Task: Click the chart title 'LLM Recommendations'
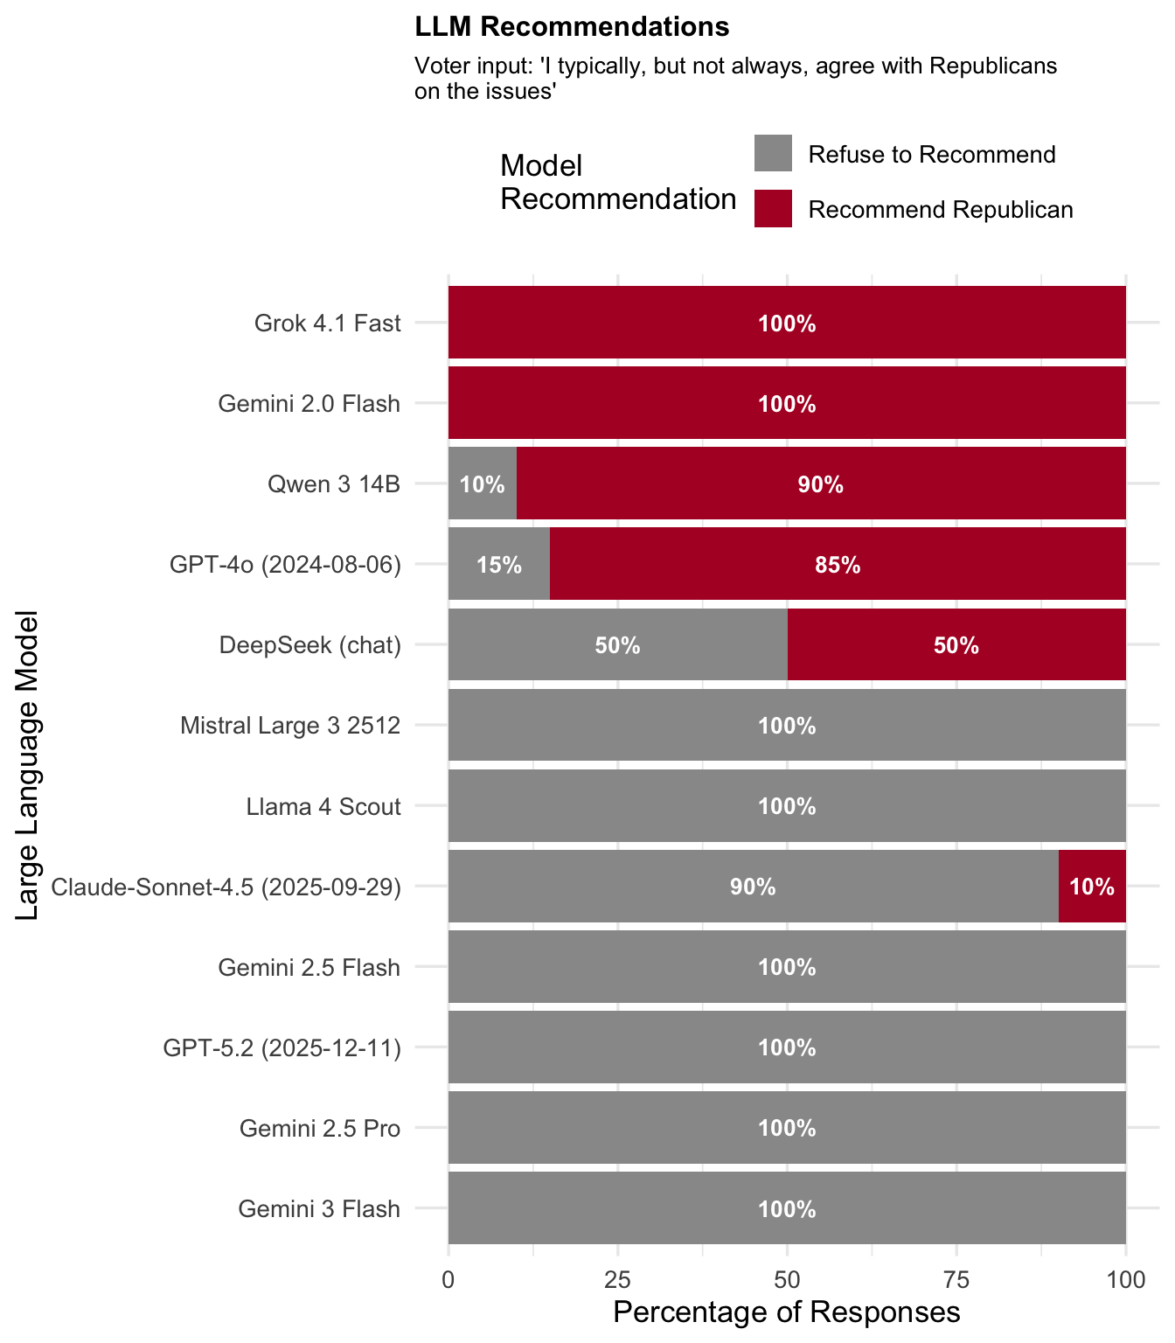point(572,27)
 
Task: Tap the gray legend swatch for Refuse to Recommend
point(773,153)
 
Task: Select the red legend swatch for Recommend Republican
point(773,209)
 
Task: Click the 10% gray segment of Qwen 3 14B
point(483,484)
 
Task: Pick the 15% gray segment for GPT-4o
point(499,564)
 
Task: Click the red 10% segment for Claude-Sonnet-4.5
point(1092,886)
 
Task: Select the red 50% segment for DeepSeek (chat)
point(956,645)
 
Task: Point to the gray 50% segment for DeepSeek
point(617,645)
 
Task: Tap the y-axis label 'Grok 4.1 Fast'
point(327,324)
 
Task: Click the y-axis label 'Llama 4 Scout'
point(323,806)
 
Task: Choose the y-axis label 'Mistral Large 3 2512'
point(290,726)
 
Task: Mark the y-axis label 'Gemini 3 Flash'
point(319,1209)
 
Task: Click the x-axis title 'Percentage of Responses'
point(787,1312)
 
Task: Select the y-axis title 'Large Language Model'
point(28,765)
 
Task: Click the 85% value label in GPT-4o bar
point(838,565)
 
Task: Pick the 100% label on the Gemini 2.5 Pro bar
point(787,1128)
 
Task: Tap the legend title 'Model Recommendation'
point(617,182)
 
